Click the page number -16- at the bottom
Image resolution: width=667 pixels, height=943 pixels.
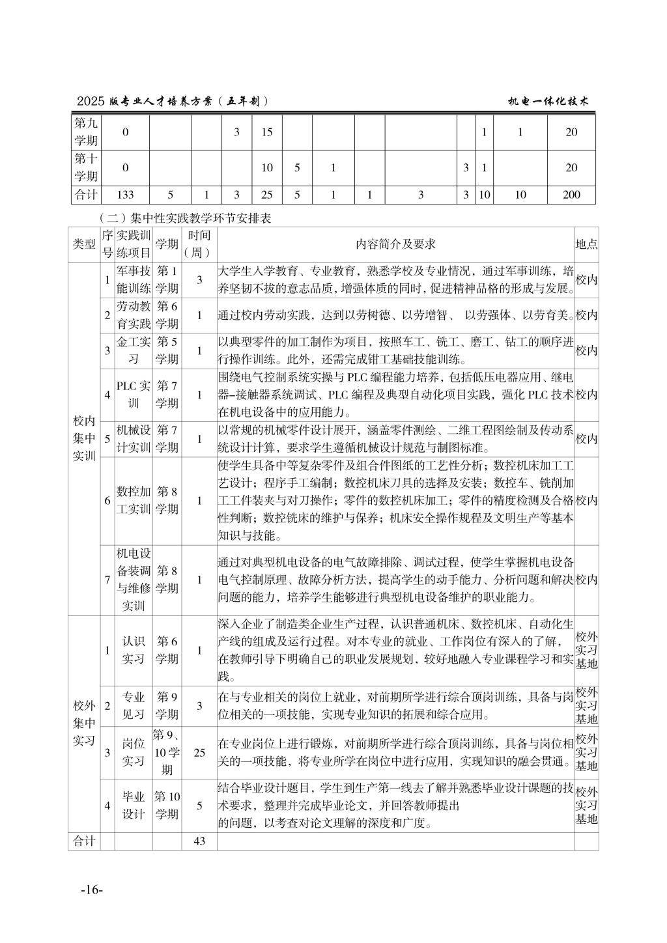coord(92,890)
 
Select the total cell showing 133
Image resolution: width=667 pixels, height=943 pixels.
coord(125,194)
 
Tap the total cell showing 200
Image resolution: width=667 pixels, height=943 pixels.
coord(571,194)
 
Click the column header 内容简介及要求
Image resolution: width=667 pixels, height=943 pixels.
coord(395,244)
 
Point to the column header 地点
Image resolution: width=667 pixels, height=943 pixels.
coord(586,244)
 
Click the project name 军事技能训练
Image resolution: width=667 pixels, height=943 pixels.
coord(134,279)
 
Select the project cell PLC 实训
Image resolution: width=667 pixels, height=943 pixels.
coord(134,395)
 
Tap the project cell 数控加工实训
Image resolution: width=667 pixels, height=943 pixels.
coord(134,500)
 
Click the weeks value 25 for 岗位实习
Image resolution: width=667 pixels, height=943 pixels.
coord(199,753)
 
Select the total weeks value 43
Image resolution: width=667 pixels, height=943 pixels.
coord(199,841)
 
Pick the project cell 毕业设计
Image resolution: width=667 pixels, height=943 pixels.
coord(134,805)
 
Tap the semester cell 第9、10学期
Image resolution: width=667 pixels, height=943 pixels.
coord(167,753)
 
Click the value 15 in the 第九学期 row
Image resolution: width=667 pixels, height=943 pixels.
coord(267,132)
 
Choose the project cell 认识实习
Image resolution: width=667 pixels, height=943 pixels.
coord(134,650)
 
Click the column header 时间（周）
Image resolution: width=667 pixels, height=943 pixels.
coord(199,244)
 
